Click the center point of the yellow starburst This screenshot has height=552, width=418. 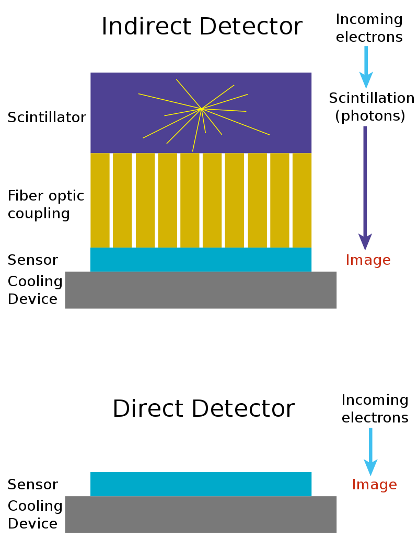(201, 109)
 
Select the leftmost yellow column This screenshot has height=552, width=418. (100, 200)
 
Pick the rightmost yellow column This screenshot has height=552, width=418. (302, 200)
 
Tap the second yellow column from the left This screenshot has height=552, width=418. (122, 200)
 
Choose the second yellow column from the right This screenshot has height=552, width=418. (280, 200)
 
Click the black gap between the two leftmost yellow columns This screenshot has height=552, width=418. (111, 200)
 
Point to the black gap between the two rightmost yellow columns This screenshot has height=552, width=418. (291, 200)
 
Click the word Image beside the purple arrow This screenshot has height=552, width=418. (368, 260)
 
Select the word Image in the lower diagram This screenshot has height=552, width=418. (374, 485)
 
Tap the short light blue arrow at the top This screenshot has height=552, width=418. (366, 65)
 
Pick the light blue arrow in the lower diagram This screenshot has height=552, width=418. (370, 449)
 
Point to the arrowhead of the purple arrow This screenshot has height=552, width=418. (365, 242)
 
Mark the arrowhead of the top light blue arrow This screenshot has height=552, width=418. (366, 80)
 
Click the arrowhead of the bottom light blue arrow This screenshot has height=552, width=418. (370, 467)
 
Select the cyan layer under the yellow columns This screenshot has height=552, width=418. (201, 260)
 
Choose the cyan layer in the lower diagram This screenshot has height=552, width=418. (201, 484)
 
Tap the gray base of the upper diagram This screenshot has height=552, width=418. (201, 290)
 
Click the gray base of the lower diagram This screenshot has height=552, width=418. (201, 514)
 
